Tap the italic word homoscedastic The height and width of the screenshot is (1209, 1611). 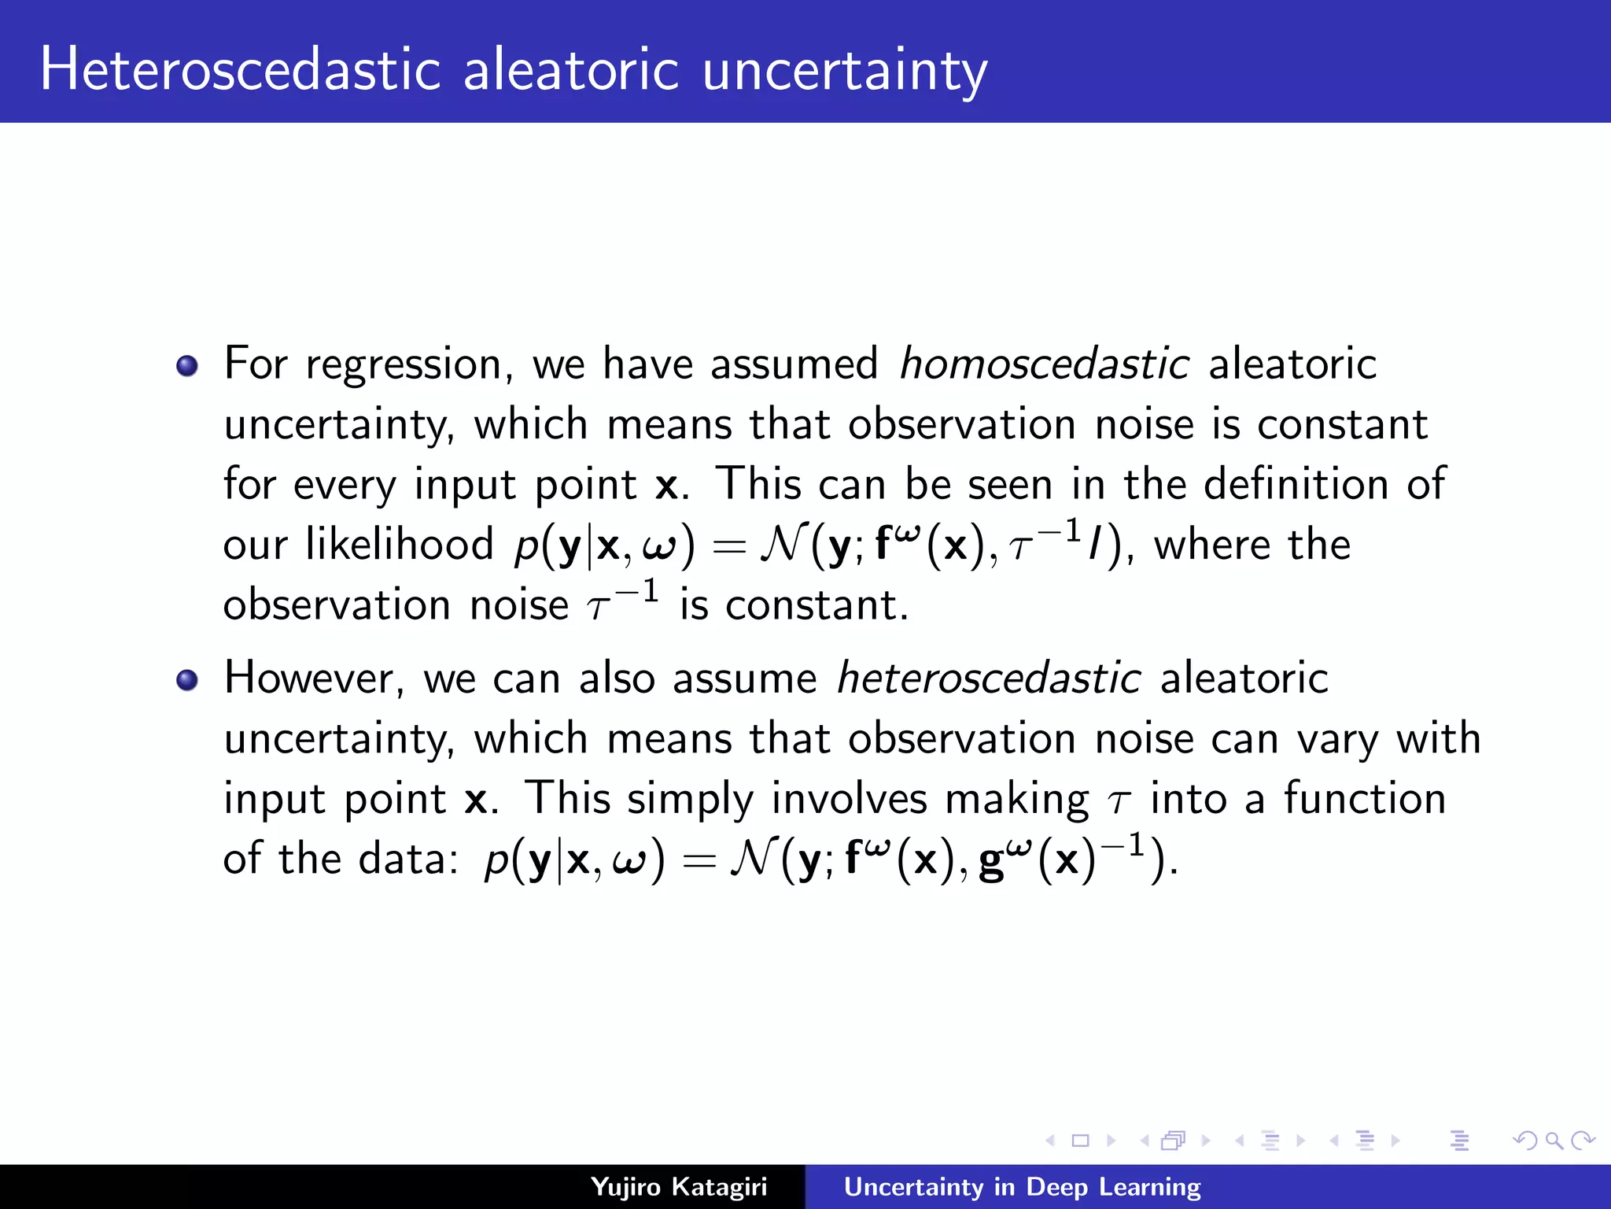tap(1044, 364)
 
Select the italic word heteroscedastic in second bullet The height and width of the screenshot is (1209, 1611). tap(988, 678)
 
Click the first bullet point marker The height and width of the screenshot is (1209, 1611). tap(187, 366)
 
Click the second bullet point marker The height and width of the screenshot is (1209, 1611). tap(187, 680)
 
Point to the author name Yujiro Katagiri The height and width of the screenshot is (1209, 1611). tap(678, 1186)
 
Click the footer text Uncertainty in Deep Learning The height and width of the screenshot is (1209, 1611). tap(1022, 1186)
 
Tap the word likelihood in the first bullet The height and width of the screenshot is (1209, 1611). tap(399, 545)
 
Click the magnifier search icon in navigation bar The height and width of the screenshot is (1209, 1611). tap(1554, 1141)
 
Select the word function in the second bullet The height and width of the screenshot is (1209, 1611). tap(1365, 799)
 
